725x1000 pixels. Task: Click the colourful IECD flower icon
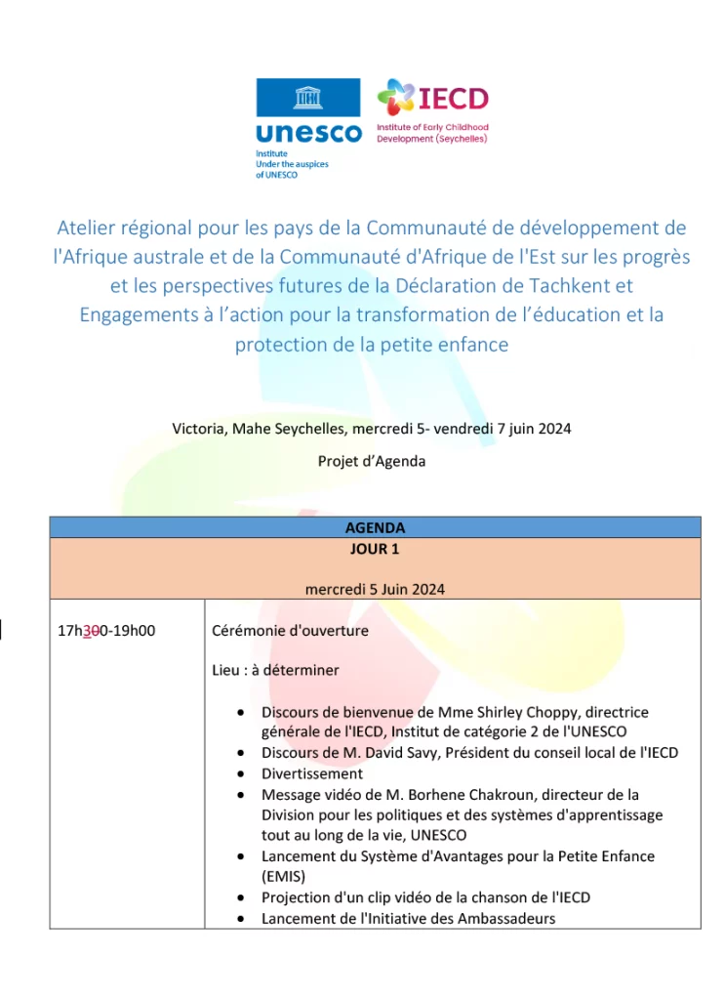click(x=395, y=98)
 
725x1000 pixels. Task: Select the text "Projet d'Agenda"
click(x=372, y=461)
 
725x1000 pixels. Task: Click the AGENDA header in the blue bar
click(x=375, y=527)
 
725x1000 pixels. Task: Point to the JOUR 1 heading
click(x=375, y=549)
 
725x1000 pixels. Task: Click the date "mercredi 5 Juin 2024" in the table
click(x=375, y=589)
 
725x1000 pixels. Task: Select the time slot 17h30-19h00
click(x=106, y=631)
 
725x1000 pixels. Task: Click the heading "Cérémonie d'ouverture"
click(x=290, y=631)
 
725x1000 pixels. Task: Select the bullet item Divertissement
click(x=311, y=773)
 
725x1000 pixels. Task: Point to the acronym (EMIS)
click(x=283, y=877)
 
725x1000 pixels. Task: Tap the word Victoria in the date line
click(x=199, y=429)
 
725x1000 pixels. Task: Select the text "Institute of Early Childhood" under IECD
click(x=432, y=128)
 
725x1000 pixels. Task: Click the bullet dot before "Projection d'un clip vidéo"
click(x=241, y=897)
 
